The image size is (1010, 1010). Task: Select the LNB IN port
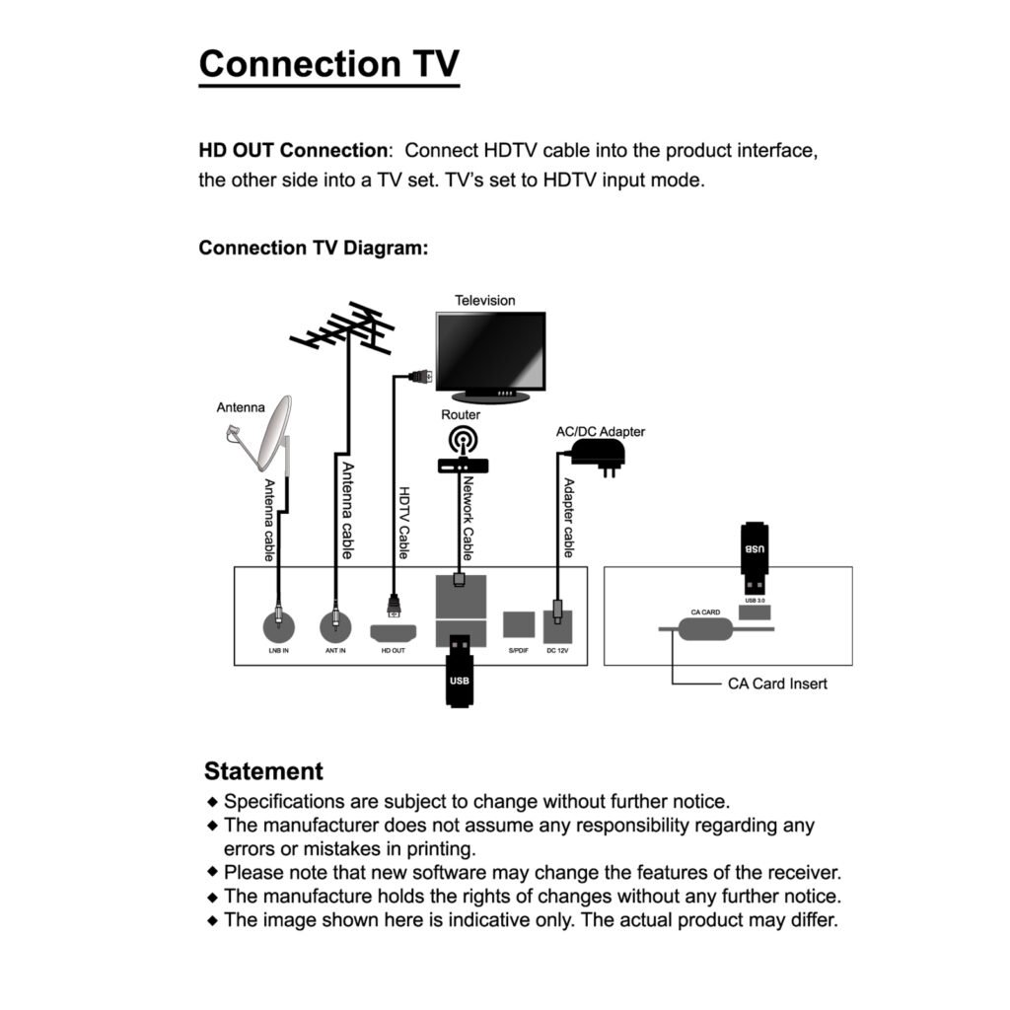pos(279,626)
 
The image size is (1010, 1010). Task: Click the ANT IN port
pos(336,626)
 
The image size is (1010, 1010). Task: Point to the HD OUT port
pos(394,632)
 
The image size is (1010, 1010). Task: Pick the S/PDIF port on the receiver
pos(518,625)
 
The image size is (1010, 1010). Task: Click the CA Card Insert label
pos(777,683)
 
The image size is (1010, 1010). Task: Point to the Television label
pos(484,300)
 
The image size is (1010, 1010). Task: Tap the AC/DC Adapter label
pos(601,431)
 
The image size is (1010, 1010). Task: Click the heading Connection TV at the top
pos(328,64)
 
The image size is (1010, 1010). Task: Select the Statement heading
pos(263,770)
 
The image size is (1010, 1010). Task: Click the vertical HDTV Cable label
pos(403,523)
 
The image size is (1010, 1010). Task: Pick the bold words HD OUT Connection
pos(293,151)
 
